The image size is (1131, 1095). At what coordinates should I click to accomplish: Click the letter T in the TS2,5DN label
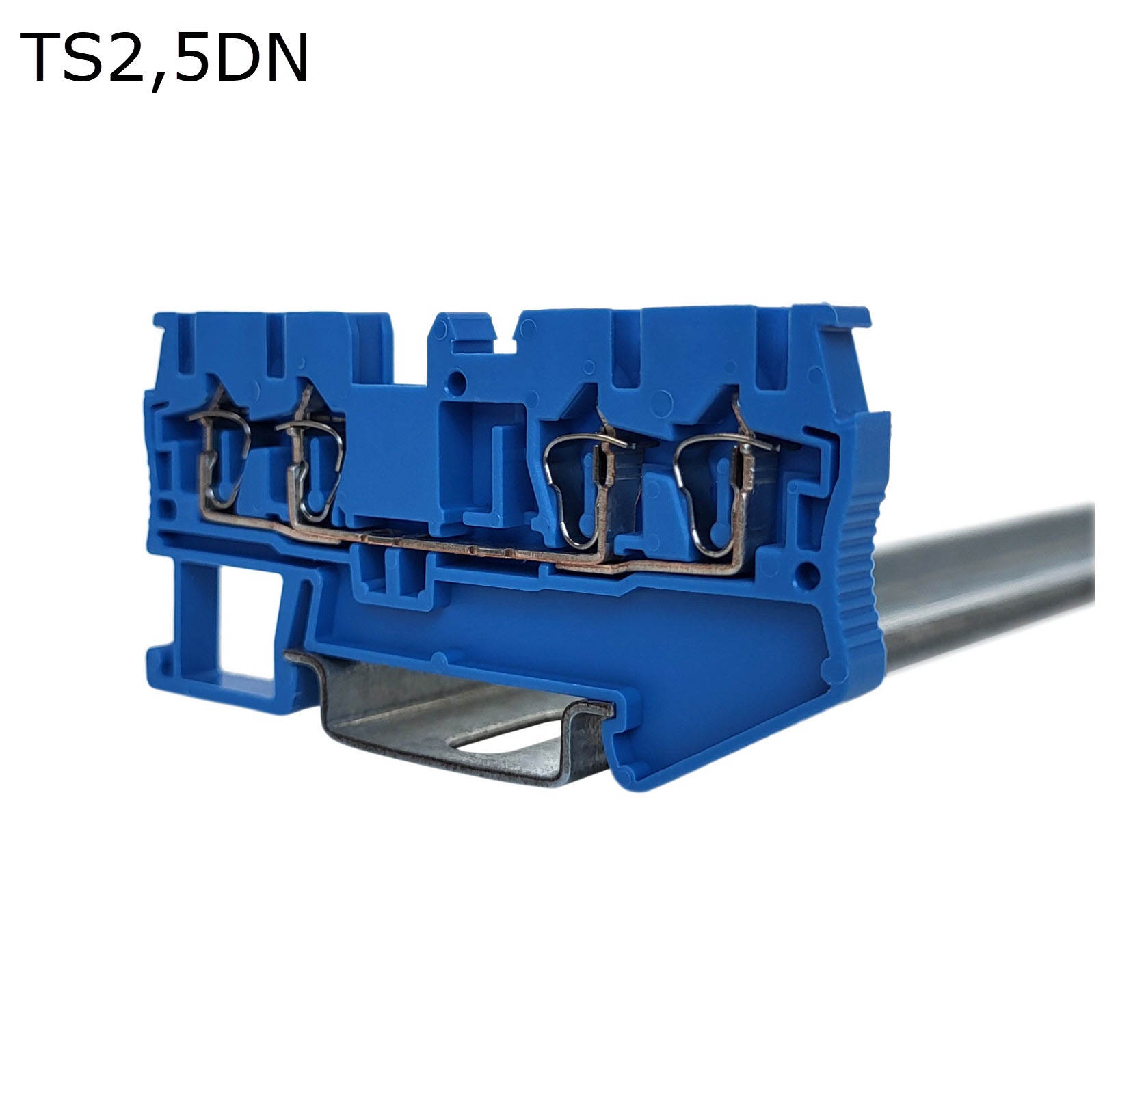42,57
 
